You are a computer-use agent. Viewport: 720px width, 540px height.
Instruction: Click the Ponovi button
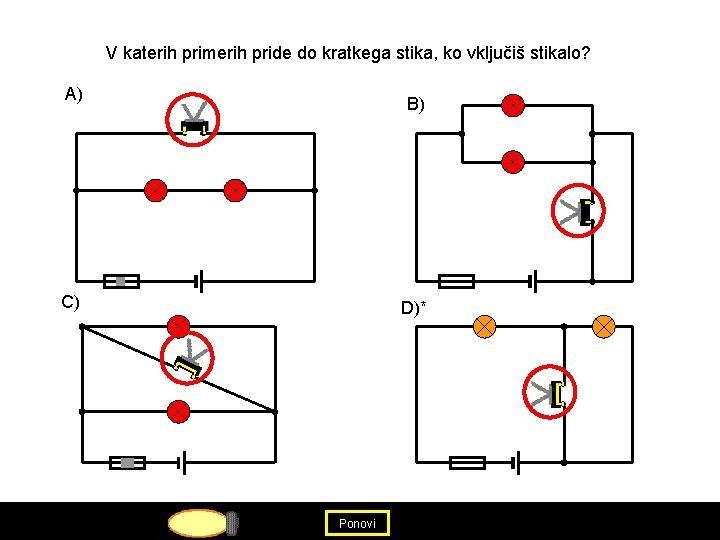point(357,523)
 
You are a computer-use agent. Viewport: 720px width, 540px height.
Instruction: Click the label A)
point(74,95)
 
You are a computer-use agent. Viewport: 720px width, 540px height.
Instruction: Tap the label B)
point(415,104)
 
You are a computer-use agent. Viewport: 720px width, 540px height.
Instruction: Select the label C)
point(71,302)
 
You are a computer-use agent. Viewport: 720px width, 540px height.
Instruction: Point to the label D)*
point(413,307)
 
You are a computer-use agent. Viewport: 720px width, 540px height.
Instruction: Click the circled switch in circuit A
point(194,120)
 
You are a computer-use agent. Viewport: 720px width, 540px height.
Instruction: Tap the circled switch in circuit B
point(579,210)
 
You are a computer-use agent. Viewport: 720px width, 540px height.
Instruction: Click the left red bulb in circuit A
point(155,190)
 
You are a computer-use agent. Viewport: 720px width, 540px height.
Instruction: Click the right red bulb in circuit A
point(235,190)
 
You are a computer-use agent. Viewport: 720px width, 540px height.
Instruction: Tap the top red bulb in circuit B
point(512,105)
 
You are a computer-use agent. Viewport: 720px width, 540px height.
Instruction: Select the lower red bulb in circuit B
point(512,161)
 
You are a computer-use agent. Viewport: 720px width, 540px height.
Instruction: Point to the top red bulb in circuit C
point(178,326)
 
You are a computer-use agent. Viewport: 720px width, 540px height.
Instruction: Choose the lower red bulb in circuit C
point(178,411)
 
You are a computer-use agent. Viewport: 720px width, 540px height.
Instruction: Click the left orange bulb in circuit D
point(484,326)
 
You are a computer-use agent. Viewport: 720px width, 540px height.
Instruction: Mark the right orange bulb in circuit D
point(604,326)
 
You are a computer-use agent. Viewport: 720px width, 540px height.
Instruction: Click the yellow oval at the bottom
point(198,523)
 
